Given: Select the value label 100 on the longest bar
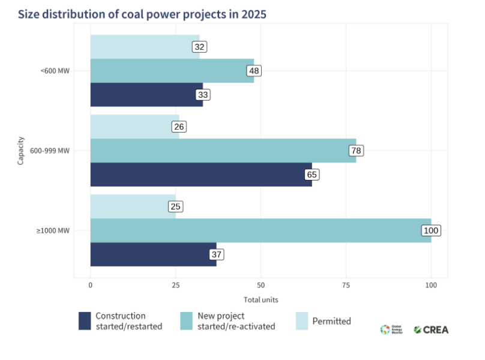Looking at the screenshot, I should click(x=431, y=230).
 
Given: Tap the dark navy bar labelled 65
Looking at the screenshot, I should click(x=201, y=175).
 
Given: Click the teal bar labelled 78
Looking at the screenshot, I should click(x=223, y=151).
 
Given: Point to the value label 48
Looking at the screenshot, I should click(x=254, y=71).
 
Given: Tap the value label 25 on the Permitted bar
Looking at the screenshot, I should click(x=175, y=206).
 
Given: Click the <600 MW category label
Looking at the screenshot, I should click(x=55, y=71).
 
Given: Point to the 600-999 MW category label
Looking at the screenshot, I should click(x=50, y=151).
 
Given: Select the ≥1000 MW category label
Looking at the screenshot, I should click(x=53, y=231).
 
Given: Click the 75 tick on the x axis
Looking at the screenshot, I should click(x=346, y=286).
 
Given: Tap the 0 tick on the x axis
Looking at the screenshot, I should click(x=91, y=286).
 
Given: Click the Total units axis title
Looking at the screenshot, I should click(x=261, y=299).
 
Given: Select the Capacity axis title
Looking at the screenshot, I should click(x=21, y=151).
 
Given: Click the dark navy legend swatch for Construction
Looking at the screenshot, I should click(x=85, y=321).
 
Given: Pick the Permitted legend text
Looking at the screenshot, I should click(x=331, y=321).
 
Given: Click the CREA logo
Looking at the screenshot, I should click(x=430, y=329).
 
